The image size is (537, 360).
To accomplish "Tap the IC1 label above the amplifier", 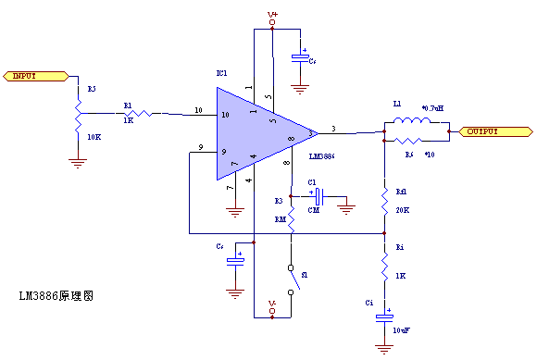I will pos(221,73).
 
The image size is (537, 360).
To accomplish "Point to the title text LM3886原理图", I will pos(56,296).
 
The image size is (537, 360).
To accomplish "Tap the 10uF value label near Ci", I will pos(401,329).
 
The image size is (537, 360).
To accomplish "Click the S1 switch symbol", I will pos(293,278).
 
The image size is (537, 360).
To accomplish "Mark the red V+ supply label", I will pos(272,15).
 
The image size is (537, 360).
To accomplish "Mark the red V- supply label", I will pos(272,304).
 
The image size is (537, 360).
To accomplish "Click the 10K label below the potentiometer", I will pos(94,137).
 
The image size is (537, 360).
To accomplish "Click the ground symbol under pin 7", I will pos(235,211).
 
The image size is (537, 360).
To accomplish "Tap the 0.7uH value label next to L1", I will pos(432,108).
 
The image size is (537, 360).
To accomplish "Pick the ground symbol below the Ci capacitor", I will pos(383,349).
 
